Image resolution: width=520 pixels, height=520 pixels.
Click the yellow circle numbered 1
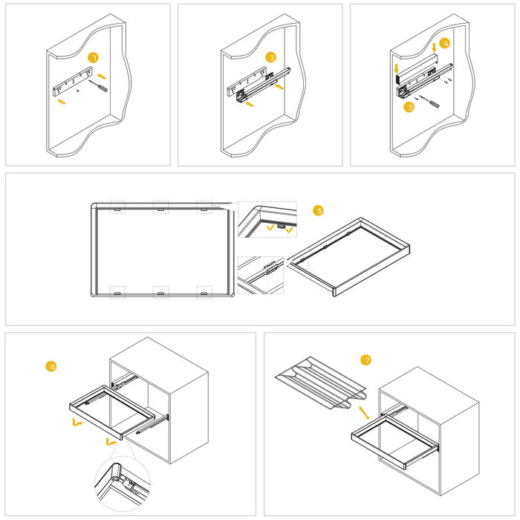click(93, 57)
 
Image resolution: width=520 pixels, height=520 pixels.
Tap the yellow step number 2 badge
click(271, 57)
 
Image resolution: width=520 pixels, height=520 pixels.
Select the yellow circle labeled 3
click(408, 107)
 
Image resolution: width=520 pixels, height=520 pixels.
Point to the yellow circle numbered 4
click(443, 44)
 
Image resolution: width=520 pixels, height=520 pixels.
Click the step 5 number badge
click(319, 211)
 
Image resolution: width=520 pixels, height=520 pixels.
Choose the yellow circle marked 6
click(51, 366)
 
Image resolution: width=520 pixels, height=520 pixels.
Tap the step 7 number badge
click(365, 360)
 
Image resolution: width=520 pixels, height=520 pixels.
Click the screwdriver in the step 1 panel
click(98, 87)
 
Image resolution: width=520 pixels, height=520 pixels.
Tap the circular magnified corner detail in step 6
click(123, 481)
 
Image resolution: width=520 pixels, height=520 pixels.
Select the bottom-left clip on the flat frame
click(117, 292)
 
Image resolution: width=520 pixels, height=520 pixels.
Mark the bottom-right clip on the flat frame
click(204, 292)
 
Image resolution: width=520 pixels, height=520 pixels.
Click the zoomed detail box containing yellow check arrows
click(267, 221)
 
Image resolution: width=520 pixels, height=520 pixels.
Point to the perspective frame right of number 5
click(349, 256)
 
